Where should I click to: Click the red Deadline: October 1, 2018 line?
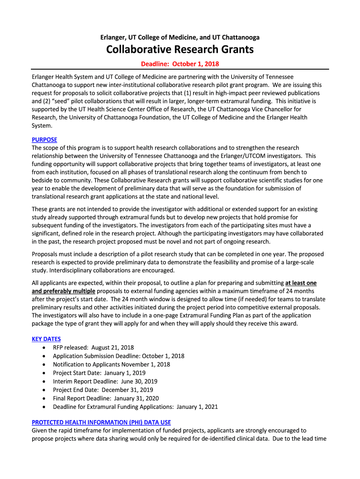[180, 64]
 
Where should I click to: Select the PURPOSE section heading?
[44, 139]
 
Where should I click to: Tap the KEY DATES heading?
[46, 339]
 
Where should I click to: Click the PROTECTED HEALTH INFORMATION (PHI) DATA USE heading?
[101, 422]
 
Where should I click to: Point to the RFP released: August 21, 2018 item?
[94, 348]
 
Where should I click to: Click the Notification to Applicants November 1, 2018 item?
[112, 364]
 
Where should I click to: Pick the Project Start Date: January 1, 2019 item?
[99, 373]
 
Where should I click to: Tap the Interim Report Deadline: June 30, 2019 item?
[105, 381]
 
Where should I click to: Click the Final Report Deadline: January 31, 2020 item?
[106, 398]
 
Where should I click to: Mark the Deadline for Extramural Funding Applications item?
[136, 406]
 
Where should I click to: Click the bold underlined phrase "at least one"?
[301, 283]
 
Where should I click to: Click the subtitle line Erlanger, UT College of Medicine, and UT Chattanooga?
[180, 37]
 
